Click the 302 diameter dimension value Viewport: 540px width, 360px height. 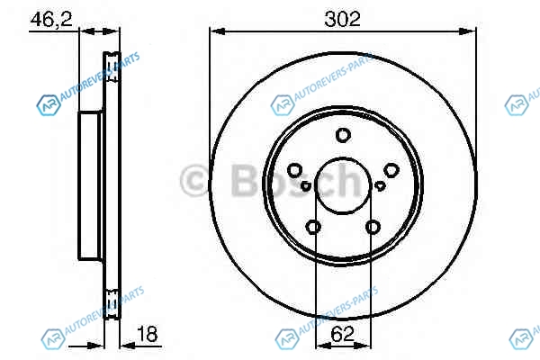click(x=342, y=19)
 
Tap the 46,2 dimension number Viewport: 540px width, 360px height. click(x=51, y=19)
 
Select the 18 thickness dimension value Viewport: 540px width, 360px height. click(x=147, y=334)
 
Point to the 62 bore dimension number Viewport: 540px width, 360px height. click(x=342, y=334)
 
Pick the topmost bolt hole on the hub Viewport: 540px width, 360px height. click(x=343, y=135)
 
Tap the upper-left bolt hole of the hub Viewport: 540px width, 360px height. click(x=295, y=170)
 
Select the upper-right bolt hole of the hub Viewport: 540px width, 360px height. click(x=391, y=170)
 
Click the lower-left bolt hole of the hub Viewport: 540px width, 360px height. click(x=313, y=227)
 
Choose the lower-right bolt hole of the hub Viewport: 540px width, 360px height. click(x=373, y=227)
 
